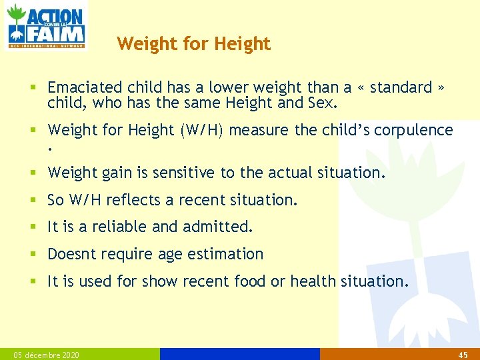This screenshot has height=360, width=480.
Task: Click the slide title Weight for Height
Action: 193,44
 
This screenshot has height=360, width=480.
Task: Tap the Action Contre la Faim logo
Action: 45,26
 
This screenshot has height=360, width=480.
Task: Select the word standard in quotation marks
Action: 401,87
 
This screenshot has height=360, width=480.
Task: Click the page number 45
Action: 463,355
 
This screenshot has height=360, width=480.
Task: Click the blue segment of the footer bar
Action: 239,354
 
